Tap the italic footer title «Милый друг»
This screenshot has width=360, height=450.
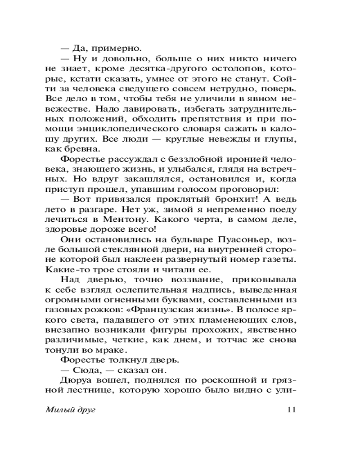tap(71, 409)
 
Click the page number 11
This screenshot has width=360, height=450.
tap(290, 409)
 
